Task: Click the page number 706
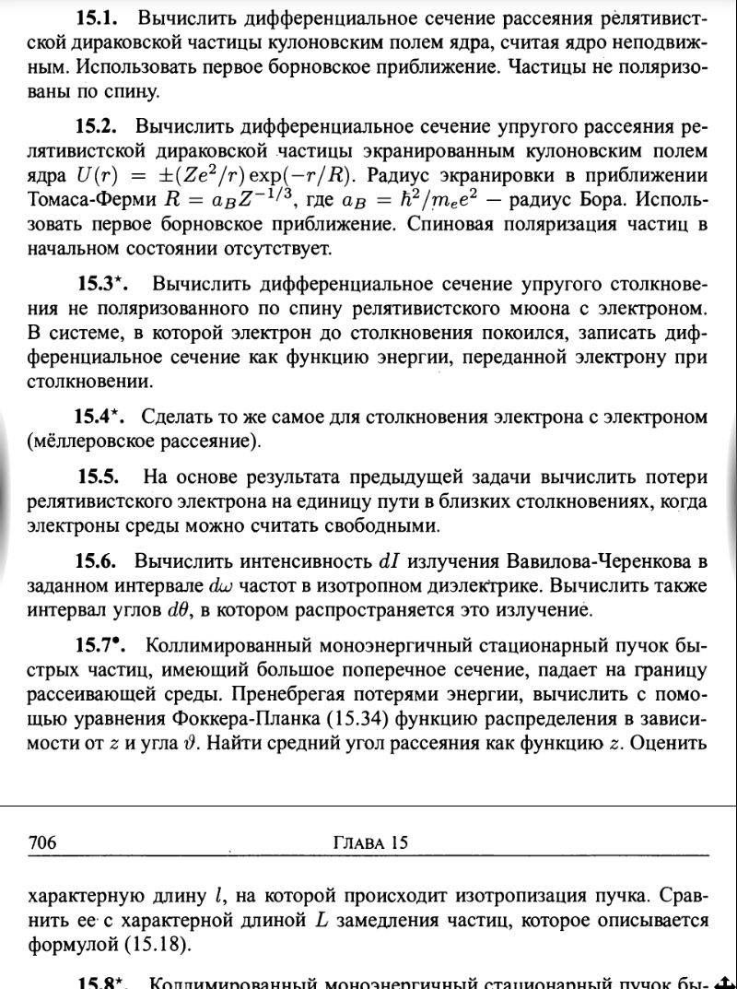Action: click(x=43, y=842)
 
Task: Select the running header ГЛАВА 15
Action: click(x=368, y=842)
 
